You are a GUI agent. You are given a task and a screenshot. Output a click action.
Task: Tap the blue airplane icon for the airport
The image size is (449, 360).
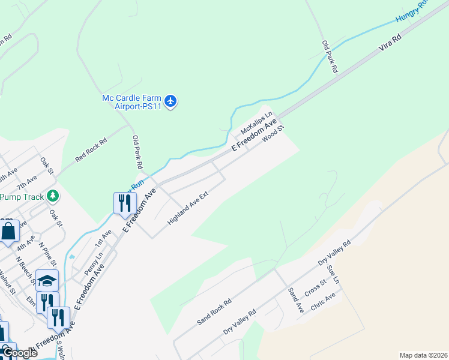(171, 101)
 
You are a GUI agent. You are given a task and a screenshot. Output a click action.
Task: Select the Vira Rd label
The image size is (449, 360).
(390, 45)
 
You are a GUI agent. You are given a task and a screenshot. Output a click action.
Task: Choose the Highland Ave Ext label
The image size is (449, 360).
(187, 212)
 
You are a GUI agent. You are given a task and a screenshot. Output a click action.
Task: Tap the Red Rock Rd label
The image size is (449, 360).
(91, 151)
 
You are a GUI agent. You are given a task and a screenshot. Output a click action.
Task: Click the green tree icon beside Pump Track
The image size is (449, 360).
(53, 196)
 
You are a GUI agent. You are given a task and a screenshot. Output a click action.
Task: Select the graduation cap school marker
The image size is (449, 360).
(47, 280)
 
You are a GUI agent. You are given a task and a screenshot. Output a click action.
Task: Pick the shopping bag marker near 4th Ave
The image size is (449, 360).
(9, 230)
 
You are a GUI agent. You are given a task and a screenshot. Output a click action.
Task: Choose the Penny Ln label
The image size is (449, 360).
(91, 264)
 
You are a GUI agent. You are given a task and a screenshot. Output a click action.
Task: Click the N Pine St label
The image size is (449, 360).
(48, 253)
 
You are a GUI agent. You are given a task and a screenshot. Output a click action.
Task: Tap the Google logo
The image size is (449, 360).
(19, 353)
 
